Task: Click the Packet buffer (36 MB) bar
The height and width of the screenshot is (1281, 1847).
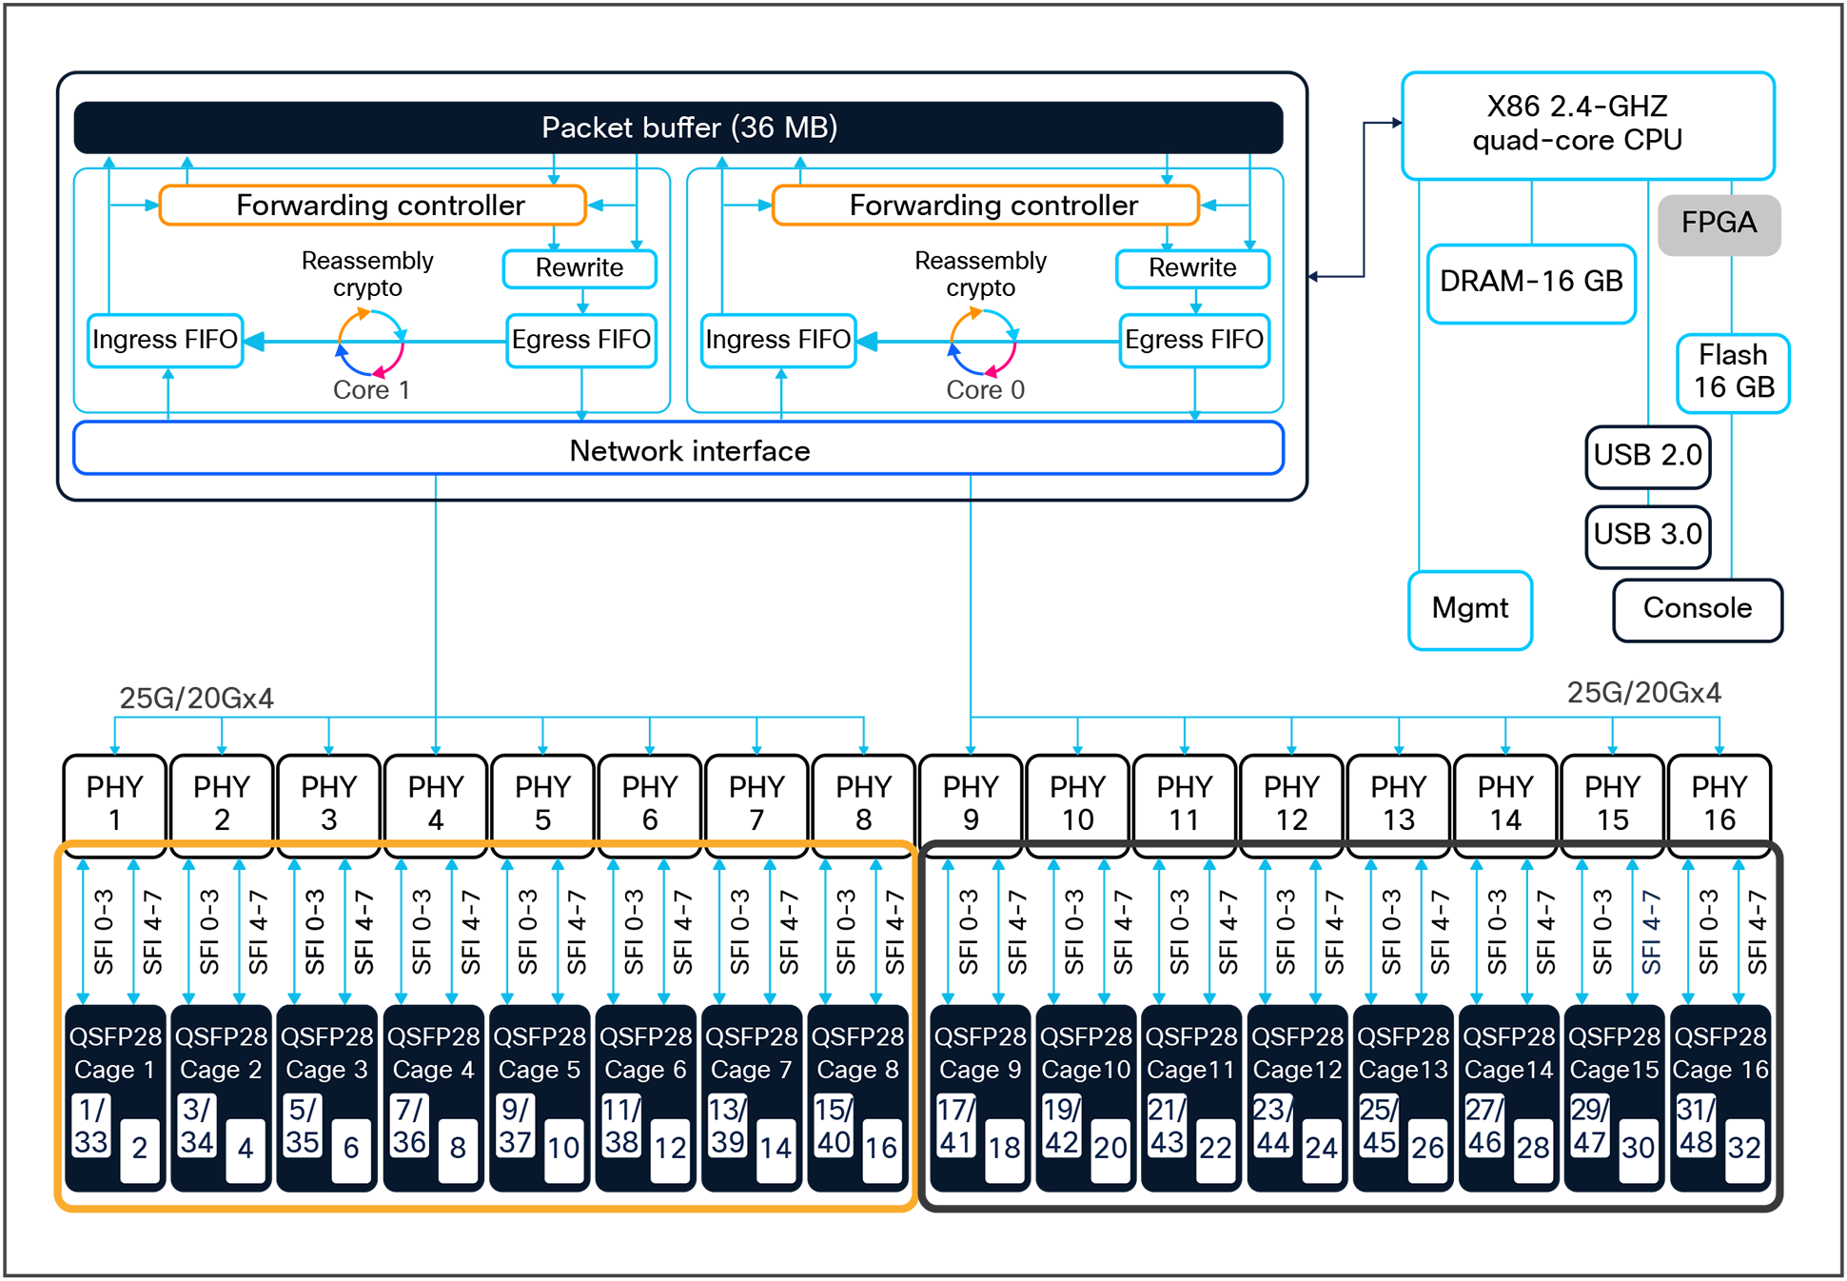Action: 678,128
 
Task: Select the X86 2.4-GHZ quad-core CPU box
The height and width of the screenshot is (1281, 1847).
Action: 1587,125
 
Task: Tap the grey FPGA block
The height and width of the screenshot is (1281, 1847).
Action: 1718,224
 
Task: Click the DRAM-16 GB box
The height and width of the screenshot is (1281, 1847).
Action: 1530,283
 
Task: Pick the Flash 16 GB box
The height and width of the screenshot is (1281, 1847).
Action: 1732,372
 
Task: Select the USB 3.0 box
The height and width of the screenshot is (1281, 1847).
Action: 1647,535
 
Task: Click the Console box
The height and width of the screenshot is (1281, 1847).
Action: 1697,609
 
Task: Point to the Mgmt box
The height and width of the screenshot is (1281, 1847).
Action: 1469,609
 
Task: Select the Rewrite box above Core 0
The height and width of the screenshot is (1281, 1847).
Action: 1191,268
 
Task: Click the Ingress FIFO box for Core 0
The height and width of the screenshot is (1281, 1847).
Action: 777,340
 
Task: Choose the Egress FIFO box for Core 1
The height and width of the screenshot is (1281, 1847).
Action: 580,340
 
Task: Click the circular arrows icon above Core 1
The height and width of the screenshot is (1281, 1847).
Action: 371,342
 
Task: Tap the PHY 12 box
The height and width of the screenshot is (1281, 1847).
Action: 1291,802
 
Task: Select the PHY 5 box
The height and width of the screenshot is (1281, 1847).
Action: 542,802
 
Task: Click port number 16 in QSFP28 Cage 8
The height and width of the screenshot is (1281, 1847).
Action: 880,1148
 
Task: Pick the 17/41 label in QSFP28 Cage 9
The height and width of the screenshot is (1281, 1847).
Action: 954,1126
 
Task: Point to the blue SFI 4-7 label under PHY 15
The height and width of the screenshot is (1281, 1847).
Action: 1651,932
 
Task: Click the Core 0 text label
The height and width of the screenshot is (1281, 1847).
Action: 985,390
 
